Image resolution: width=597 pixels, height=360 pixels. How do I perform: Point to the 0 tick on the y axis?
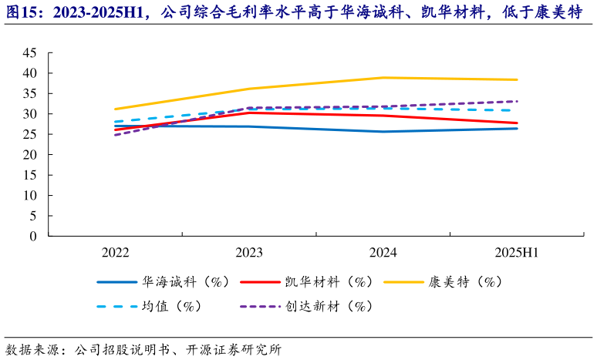33,237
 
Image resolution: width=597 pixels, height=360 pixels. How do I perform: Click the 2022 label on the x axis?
115,253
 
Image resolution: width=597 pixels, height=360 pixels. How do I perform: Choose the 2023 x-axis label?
249,253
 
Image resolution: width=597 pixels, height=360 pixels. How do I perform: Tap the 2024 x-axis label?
383,253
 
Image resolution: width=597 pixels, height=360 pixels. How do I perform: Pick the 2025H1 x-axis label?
517,253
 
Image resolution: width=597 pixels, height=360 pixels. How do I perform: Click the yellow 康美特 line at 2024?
383,78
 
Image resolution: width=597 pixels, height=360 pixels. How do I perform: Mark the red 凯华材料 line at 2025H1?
517,123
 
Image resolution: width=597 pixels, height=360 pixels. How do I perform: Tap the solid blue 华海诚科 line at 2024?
383,132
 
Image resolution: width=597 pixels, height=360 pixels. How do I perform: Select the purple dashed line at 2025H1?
517,101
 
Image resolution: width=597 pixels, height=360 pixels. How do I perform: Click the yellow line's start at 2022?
115,109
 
